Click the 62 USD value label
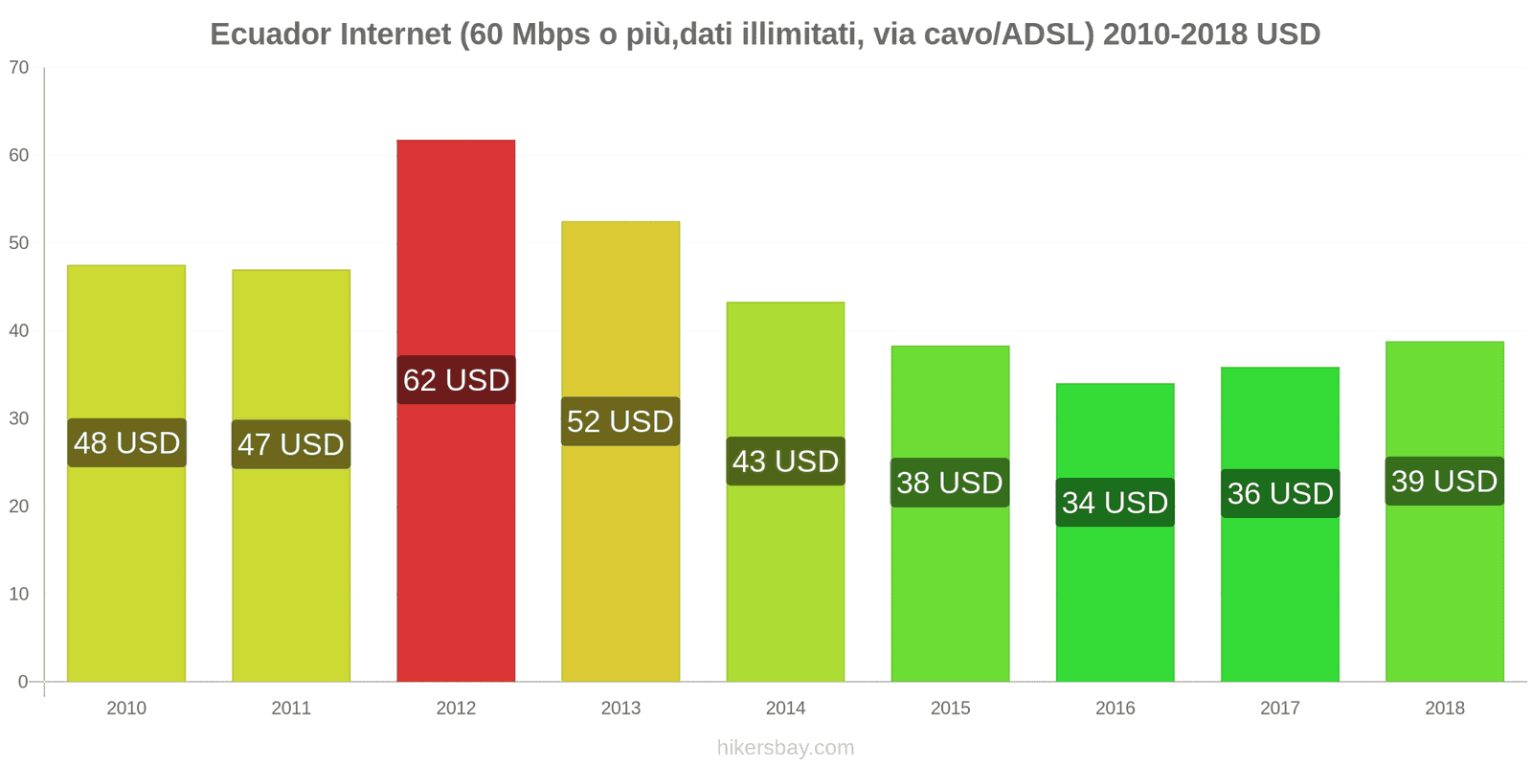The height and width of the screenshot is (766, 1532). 456,380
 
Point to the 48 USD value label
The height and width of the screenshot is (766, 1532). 126,443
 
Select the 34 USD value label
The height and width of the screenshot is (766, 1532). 1115,503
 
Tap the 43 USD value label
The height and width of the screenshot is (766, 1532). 785,462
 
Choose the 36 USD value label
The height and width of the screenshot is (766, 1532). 1280,494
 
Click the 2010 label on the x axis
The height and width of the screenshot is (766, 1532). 126,709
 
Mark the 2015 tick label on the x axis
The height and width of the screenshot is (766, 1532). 950,709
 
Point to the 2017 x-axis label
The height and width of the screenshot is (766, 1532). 1280,709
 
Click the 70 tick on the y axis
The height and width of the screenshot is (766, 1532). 19,68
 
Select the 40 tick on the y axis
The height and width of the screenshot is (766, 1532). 19,331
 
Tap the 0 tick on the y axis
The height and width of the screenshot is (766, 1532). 23,682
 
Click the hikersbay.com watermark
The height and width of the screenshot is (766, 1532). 785,748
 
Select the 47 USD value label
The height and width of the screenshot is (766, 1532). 291,445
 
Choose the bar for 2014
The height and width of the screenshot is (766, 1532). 785,574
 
